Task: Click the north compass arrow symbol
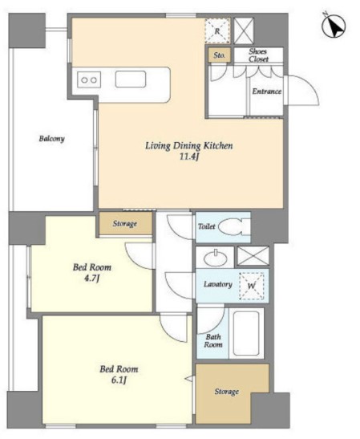point(334,25)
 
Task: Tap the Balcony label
point(52,139)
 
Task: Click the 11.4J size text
point(189,156)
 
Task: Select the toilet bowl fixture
point(233,227)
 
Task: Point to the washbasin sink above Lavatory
point(215,258)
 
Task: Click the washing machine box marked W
point(252,286)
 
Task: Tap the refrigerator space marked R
point(217,30)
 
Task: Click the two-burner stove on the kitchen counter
point(89,80)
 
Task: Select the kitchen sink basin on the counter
point(131,79)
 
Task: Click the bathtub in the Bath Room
point(246,333)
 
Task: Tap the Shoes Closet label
point(258,55)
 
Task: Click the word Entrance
point(266,91)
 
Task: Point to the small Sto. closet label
point(220,55)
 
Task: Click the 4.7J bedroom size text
point(92,279)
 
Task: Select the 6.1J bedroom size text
point(119,380)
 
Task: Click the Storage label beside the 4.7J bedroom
point(125,224)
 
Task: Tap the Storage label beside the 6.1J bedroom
point(227,392)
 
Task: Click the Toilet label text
point(206,226)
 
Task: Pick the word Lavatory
point(218,284)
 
